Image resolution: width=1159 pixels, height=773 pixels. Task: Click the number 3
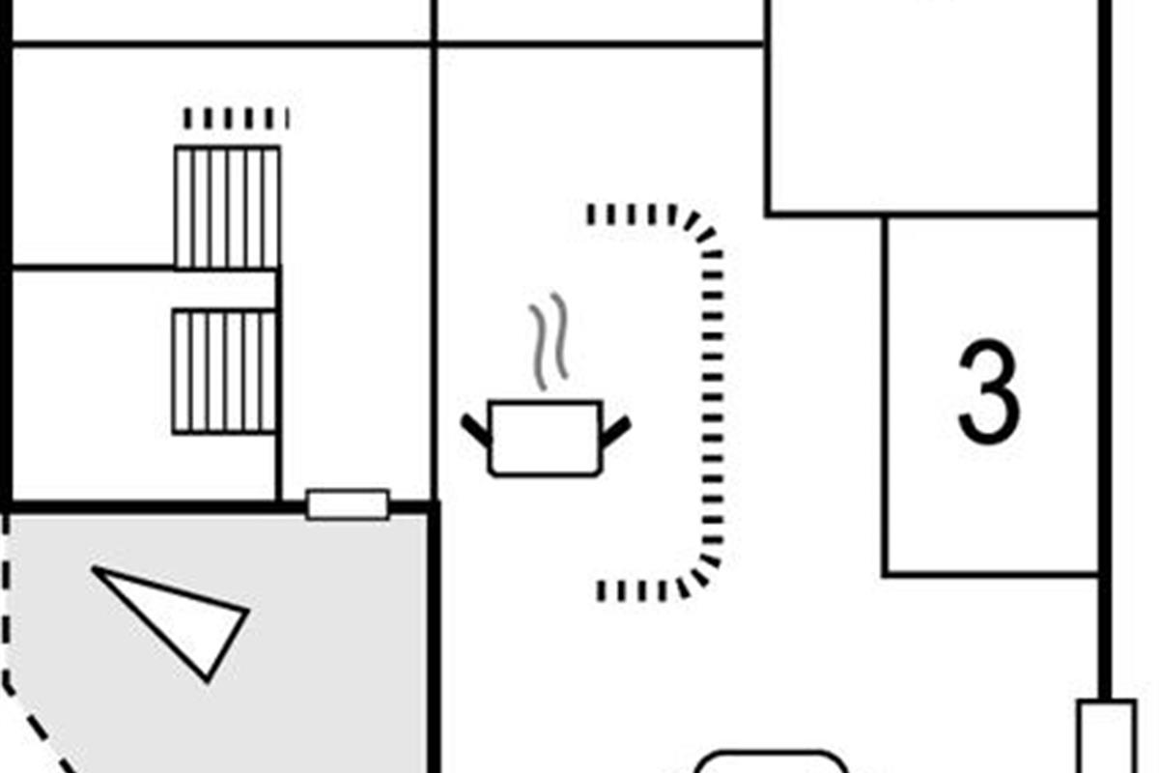click(x=988, y=391)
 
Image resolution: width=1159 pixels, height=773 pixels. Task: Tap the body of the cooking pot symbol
click(x=545, y=439)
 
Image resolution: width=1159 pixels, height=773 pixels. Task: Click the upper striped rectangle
click(x=227, y=207)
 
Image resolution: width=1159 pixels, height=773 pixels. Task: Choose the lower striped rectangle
click(x=224, y=371)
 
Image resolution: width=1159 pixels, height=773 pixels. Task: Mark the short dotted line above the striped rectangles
click(x=236, y=118)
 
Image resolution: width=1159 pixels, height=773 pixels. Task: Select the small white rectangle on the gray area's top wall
click(x=348, y=504)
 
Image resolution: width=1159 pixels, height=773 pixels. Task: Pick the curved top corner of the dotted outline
click(x=702, y=230)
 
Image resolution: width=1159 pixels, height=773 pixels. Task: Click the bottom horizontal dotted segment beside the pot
click(x=637, y=588)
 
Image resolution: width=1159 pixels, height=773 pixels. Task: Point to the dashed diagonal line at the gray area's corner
click(x=39, y=734)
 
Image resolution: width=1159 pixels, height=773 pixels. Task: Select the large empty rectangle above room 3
click(x=932, y=106)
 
